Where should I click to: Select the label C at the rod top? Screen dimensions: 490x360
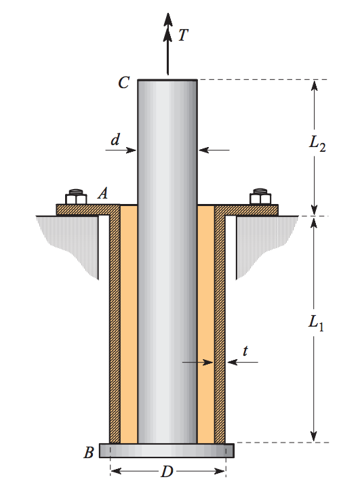123,83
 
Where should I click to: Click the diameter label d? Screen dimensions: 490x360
115,140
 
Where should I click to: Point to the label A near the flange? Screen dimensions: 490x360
103,193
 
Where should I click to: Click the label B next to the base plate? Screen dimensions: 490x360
89,453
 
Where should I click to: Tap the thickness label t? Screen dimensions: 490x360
245,351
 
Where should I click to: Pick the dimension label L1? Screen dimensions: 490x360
315,324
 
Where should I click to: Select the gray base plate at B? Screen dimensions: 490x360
167,450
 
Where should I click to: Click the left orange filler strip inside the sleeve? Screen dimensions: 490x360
129,325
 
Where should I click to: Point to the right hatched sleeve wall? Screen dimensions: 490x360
220,325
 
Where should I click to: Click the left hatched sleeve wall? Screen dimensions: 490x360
115,325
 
